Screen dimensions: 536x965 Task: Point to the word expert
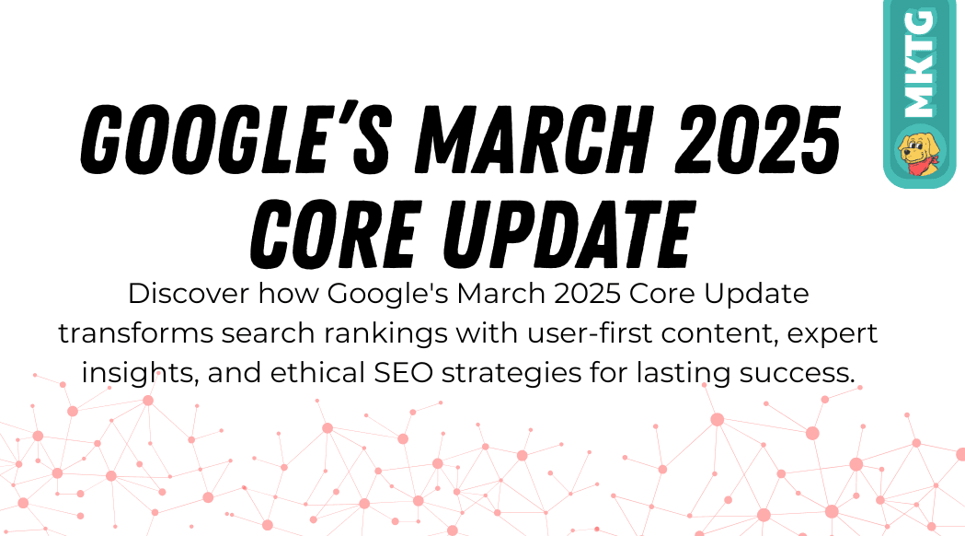tap(832, 334)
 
